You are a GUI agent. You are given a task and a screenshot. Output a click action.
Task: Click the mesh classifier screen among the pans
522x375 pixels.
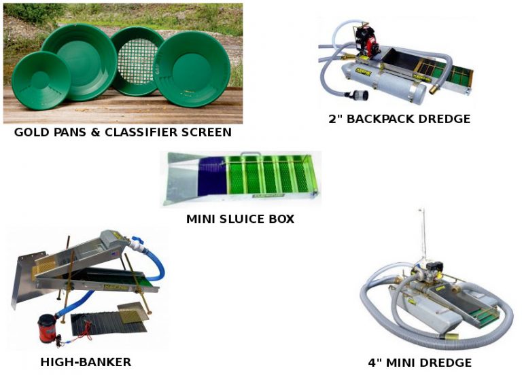coord(137,61)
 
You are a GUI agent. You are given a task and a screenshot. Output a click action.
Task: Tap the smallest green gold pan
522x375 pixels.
coord(41,80)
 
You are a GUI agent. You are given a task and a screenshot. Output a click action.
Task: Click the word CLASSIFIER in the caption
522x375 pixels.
coord(141,132)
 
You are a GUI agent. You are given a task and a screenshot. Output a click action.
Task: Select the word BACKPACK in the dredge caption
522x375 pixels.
coord(381,119)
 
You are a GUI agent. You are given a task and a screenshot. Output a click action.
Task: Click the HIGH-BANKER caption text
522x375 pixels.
coord(86,361)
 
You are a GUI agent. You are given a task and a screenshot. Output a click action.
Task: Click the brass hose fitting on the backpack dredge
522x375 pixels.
coord(435,89)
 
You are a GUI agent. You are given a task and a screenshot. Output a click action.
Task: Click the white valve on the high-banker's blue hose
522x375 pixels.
coord(137,245)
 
